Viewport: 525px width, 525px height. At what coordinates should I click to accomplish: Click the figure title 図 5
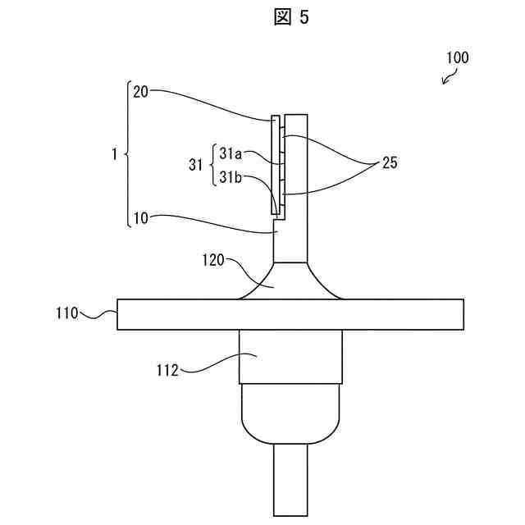[x=291, y=16]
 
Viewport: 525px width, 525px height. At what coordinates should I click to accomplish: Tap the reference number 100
[x=457, y=57]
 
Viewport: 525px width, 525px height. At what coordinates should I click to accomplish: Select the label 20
[x=140, y=91]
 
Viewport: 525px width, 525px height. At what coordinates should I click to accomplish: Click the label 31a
[x=231, y=153]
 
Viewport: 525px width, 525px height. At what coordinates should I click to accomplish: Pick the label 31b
[x=231, y=177]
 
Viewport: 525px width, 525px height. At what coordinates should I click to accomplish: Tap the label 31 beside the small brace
[x=195, y=165]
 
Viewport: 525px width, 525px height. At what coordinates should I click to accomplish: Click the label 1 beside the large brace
[x=115, y=154]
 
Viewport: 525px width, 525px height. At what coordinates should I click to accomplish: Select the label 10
[x=140, y=218]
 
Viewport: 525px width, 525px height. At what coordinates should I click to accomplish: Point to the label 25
[x=390, y=163]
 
